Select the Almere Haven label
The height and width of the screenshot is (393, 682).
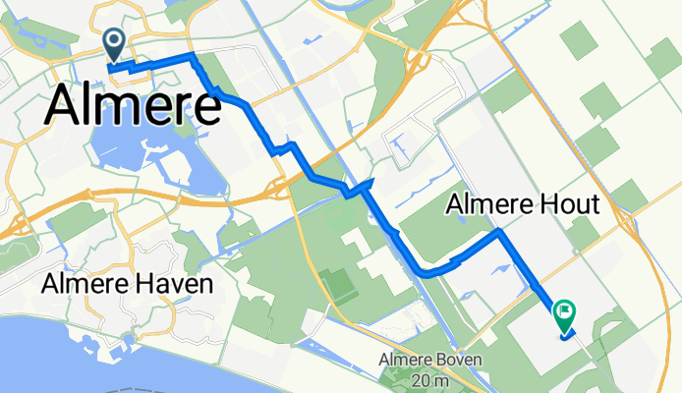(x=128, y=285)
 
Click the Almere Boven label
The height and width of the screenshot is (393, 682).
(x=430, y=361)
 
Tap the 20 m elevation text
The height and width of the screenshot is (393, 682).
(x=431, y=380)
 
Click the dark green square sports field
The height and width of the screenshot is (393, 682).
(x=339, y=286)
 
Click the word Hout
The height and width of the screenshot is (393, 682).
(x=572, y=204)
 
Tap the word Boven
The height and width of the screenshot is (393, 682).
(x=456, y=361)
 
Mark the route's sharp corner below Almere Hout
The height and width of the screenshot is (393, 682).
(x=498, y=233)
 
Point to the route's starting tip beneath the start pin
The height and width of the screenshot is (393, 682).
(x=111, y=68)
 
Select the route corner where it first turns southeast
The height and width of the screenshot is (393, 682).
(x=194, y=61)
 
